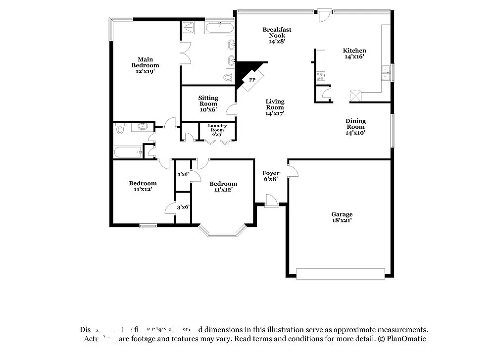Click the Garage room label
(x=342, y=217)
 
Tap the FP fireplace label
(x=252, y=80)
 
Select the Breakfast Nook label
(x=277, y=36)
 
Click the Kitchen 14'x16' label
(x=355, y=53)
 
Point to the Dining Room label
(x=355, y=126)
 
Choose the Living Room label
(x=275, y=107)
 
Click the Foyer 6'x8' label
(x=271, y=176)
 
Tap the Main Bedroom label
(x=145, y=65)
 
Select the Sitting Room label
(x=208, y=103)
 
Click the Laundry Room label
(x=217, y=130)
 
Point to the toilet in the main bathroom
(x=228, y=77)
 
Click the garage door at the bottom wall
(x=340, y=274)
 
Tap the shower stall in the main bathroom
(x=191, y=27)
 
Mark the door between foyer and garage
(x=293, y=171)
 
